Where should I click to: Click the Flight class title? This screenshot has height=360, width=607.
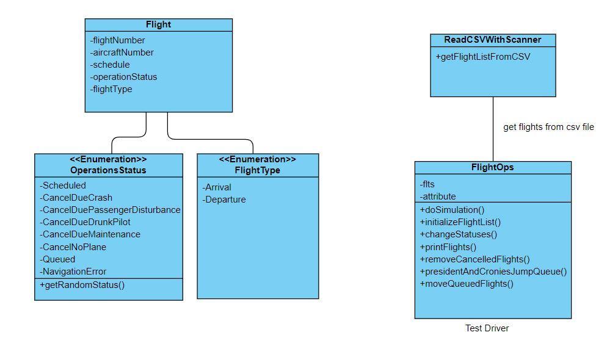pyautogui.click(x=158, y=25)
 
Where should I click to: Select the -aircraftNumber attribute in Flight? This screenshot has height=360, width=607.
pyautogui.click(x=122, y=52)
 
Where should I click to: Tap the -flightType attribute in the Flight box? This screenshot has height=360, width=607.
pyautogui.click(x=112, y=89)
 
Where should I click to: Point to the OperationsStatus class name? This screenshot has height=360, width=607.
pyautogui.click(x=108, y=170)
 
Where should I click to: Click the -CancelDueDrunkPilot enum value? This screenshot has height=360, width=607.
pyautogui.click(x=85, y=222)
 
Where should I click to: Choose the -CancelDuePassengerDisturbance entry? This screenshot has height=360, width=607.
pyautogui.click(x=110, y=210)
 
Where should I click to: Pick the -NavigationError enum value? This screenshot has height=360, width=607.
pyautogui.click(x=73, y=272)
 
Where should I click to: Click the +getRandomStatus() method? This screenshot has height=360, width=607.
pyautogui.click(x=82, y=285)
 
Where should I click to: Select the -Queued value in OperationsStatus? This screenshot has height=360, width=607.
pyautogui.click(x=57, y=259)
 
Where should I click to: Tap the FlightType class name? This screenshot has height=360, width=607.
pyautogui.click(x=257, y=170)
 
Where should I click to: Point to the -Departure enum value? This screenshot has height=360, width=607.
pyautogui.click(x=224, y=200)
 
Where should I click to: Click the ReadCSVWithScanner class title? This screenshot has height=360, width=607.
pyautogui.click(x=492, y=40)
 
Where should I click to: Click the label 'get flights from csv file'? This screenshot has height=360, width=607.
pyautogui.click(x=548, y=128)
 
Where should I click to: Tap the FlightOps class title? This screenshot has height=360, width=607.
pyautogui.click(x=492, y=167)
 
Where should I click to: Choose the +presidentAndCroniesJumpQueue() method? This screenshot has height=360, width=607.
pyautogui.click(x=493, y=272)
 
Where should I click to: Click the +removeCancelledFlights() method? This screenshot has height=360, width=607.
pyautogui.click(x=474, y=259)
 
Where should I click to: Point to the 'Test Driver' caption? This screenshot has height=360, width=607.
pyautogui.click(x=487, y=328)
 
